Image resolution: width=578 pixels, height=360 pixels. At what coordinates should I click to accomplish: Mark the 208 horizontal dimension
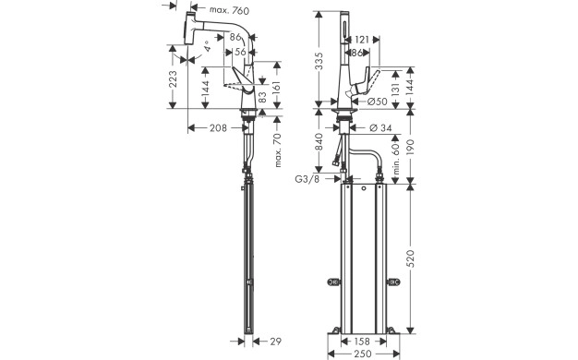218,127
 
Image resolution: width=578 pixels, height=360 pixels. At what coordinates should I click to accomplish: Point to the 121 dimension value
363,41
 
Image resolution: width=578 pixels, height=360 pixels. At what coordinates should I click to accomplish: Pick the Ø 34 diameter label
379,127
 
